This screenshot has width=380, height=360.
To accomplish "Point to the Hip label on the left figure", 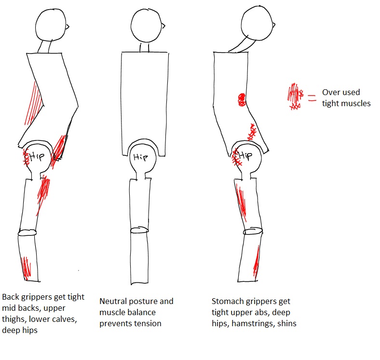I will coord(38,156).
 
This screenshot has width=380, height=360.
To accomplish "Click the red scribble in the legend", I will coord(294,97).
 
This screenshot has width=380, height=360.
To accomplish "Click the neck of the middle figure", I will coord(145,47).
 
